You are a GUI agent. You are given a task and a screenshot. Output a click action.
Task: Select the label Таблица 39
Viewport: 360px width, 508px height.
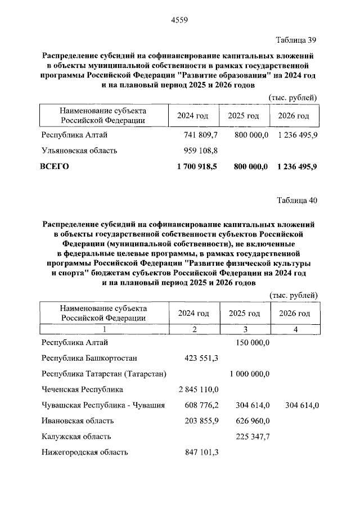[x=296, y=40]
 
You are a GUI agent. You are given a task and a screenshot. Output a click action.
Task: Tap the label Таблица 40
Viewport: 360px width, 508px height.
[x=296, y=201]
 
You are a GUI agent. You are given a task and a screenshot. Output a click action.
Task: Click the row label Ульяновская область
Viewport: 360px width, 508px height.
[x=79, y=151]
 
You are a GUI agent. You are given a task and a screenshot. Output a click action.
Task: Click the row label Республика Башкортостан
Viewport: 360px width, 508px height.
[x=89, y=357]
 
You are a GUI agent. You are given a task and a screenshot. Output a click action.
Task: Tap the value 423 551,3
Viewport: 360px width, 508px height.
[x=201, y=357]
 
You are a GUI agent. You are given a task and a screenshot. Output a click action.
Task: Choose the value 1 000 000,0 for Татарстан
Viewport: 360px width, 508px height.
[x=250, y=373]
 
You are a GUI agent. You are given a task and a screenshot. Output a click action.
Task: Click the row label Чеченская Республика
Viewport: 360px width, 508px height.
[x=82, y=389]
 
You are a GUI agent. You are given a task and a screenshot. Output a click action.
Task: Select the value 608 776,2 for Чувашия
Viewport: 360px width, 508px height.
[x=201, y=405]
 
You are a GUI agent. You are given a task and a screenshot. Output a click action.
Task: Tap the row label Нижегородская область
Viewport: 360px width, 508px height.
[x=85, y=452]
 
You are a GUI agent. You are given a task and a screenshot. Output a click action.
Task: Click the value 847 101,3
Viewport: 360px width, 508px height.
[x=201, y=452]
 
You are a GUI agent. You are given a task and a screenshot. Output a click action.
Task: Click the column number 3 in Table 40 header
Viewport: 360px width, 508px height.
[x=244, y=329]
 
